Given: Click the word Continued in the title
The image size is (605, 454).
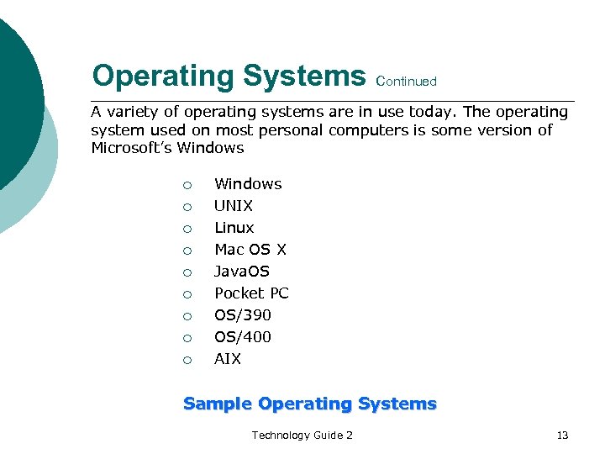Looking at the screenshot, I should pyautogui.click(x=408, y=82).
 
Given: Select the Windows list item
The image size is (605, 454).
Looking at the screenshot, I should pyautogui.click(x=248, y=184).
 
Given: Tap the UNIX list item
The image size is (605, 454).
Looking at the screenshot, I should pyautogui.click(x=234, y=206).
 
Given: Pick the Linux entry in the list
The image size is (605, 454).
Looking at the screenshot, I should pyautogui.click(x=234, y=228).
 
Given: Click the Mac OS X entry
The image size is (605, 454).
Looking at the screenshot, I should pyautogui.click(x=250, y=250).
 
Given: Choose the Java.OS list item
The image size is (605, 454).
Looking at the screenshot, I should pyautogui.click(x=242, y=272).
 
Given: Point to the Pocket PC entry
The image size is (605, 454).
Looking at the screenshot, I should pyautogui.click(x=251, y=293).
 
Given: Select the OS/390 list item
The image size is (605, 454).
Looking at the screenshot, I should pyautogui.click(x=243, y=315).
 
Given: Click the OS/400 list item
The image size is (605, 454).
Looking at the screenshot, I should pyautogui.click(x=243, y=337).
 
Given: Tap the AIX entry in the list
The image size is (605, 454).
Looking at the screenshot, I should pyautogui.click(x=228, y=359).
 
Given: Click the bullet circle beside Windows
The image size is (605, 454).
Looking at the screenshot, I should pyautogui.click(x=187, y=185).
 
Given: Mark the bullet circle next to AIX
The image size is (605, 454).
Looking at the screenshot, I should pyautogui.click(x=187, y=360).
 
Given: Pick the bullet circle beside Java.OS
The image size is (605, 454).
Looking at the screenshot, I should pyautogui.click(x=187, y=272).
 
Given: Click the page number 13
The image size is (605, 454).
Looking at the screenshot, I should pyautogui.click(x=562, y=435).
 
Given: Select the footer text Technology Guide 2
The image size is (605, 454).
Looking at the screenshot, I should pyautogui.click(x=302, y=435).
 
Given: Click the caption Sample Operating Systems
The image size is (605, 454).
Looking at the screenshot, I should pyautogui.click(x=310, y=404).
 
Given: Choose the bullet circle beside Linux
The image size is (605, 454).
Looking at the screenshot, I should pyautogui.click(x=187, y=229).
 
